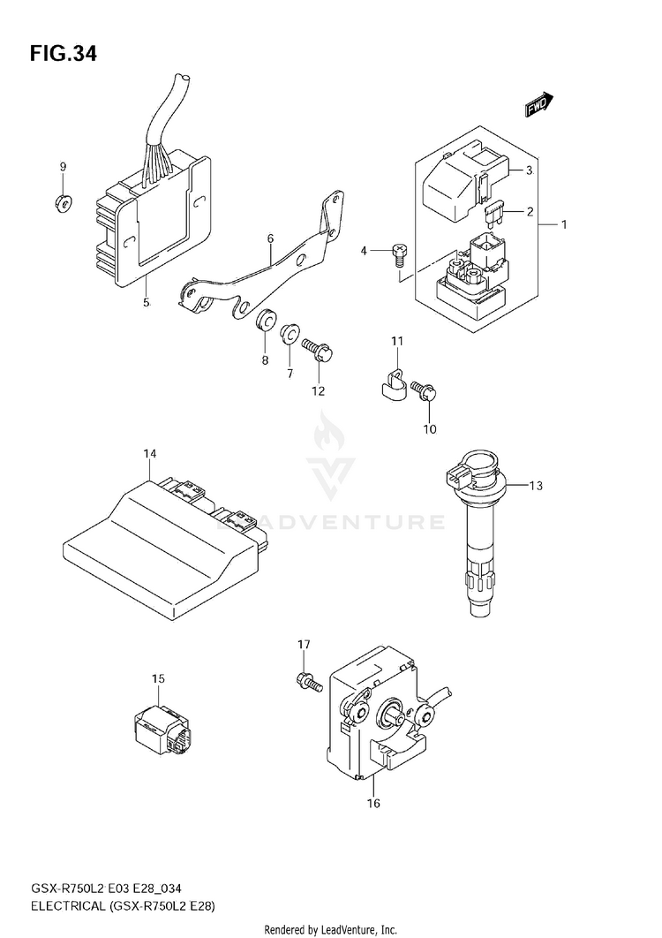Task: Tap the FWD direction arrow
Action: click(538, 107)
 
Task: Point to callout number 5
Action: click(146, 303)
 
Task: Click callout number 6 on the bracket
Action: click(270, 238)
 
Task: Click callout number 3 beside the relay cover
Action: click(529, 170)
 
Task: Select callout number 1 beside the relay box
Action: click(563, 224)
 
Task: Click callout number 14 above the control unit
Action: click(150, 454)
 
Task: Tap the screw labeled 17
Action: click(306, 680)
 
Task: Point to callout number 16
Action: click(373, 803)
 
